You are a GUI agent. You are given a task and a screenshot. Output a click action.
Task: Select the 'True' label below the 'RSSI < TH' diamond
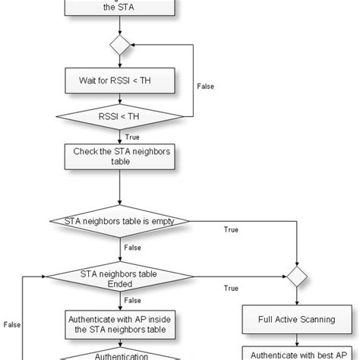click(131, 136)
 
